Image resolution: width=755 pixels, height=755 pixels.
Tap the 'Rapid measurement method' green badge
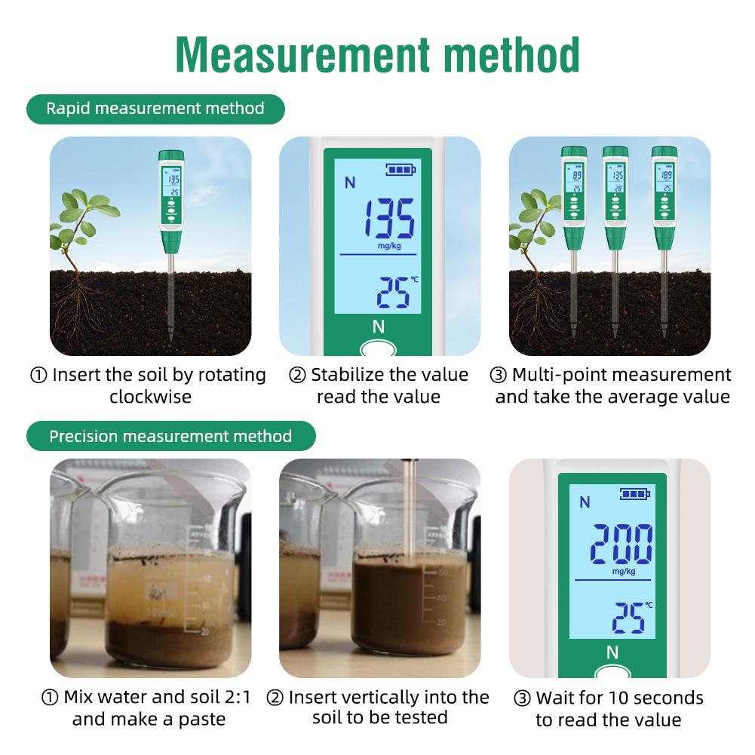(155, 109)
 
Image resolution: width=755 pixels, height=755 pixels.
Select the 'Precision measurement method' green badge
(170, 436)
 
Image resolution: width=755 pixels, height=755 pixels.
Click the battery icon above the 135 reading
(401, 170)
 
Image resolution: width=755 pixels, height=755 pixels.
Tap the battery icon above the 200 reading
(634, 494)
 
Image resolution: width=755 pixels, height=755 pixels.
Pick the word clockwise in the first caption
(151, 397)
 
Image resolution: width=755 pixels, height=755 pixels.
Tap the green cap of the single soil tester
(171, 155)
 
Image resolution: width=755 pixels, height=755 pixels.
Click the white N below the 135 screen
(379, 327)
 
